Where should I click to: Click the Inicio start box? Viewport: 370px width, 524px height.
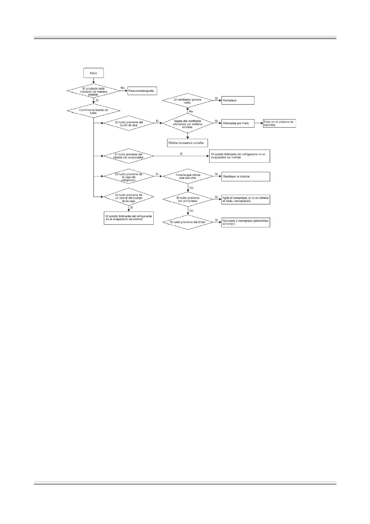(x=93, y=73)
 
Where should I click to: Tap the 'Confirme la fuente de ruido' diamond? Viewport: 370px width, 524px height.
(x=94, y=111)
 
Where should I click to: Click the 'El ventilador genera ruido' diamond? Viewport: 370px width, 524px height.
(x=187, y=101)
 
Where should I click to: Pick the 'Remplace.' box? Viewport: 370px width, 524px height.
(x=238, y=101)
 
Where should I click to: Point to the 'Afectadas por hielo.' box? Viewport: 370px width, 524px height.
(x=238, y=123)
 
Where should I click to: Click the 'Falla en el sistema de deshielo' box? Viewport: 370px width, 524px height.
(x=279, y=123)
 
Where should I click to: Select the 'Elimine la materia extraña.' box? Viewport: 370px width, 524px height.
(x=187, y=143)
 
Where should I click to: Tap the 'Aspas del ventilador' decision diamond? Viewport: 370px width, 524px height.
(x=187, y=124)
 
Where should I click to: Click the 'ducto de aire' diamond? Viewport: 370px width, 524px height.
(x=129, y=124)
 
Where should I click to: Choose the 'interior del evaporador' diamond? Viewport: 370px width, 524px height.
(x=129, y=156)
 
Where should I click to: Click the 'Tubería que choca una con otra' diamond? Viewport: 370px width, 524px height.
(x=188, y=176)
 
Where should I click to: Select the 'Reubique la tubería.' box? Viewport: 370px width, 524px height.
(x=245, y=176)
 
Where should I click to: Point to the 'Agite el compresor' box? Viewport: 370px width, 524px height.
(x=245, y=199)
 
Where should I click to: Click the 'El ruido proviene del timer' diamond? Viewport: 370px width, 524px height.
(x=188, y=222)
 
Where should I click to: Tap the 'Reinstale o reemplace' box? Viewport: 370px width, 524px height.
(x=245, y=222)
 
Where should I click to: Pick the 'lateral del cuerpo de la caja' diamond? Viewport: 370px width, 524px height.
(x=129, y=198)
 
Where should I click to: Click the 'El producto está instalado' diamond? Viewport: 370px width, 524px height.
(x=93, y=91)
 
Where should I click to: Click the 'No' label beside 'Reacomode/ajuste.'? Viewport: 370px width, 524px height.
(x=123, y=88)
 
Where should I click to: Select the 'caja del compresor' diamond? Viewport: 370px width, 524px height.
(x=129, y=176)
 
